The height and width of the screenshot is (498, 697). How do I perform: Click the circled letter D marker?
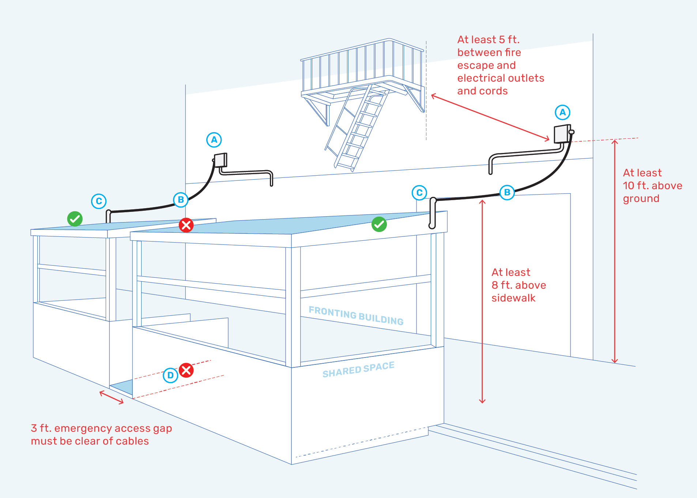pyautogui.click(x=170, y=375)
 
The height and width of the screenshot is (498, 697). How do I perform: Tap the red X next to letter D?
pyautogui.click(x=186, y=370)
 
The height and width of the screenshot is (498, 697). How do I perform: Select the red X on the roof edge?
pyautogui.click(x=186, y=225)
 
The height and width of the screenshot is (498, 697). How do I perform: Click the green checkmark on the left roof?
pyautogui.click(x=75, y=219)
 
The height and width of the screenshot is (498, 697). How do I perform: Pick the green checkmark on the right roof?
pyautogui.click(x=379, y=224)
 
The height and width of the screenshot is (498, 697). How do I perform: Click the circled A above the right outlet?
pyautogui.click(x=562, y=112)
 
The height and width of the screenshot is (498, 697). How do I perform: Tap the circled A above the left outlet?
pyautogui.click(x=214, y=140)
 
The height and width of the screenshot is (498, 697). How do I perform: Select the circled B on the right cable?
pyautogui.click(x=507, y=192)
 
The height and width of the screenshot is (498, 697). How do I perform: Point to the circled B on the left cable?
pyautogui.click(x=181, y=200)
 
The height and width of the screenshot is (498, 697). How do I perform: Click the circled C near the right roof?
pyautogui.click(x=419, y=192)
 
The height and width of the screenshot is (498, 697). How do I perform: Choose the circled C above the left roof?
pyautogui.click(x=99, y=201)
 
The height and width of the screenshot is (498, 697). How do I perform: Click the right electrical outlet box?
pyautogui.click(x=562, y=134)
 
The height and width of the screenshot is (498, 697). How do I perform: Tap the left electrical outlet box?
pyautogui.click(x=220, y=160)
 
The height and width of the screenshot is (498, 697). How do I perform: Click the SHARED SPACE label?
pyautogui.click(x=358, y=370)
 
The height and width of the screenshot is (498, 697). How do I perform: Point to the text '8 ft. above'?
pyautogui.click(x=519, y=285)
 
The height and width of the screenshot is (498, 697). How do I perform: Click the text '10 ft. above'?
pyautogui.click(x=652, y=186)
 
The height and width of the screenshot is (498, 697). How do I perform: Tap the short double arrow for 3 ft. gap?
pyautogui.click(x=112, y=397)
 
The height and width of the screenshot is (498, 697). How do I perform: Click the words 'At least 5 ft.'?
pyautogui.click(x=488, y=40)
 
